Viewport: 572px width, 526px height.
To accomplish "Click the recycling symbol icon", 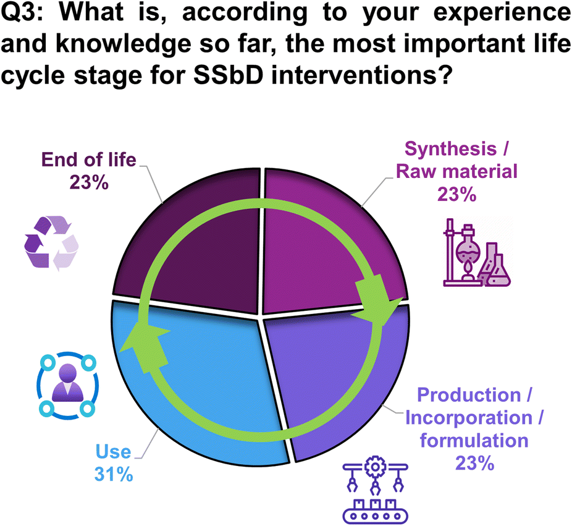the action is click(x=51, y=244).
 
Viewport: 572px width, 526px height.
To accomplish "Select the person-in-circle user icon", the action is click(x=67, y=386).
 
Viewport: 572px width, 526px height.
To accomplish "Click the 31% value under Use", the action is click(x=114, y=475).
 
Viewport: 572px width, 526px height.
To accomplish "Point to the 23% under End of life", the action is click(x=89, y=182).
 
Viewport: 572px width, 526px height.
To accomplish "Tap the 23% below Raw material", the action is click(x=456, y=194).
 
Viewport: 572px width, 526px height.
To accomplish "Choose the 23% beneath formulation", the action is click(x=474, y=463).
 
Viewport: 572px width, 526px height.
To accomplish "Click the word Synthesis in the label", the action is click(x=450, y=149).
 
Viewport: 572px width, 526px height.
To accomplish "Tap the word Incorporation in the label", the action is click(x=469, y=418).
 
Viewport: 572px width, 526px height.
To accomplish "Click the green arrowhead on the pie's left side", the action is click(x=145, y=347).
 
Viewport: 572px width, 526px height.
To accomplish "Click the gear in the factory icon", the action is click(x=375, y=467).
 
